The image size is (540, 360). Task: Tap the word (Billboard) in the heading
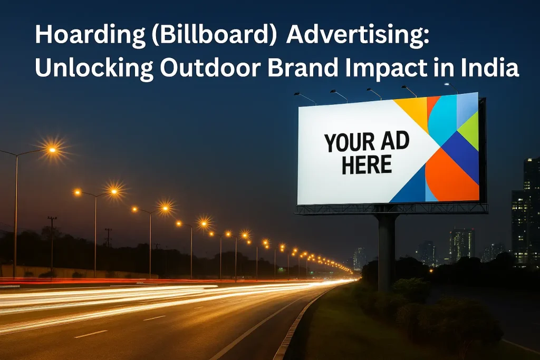coord(214,35)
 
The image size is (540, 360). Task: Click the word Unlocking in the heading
coord(94,68)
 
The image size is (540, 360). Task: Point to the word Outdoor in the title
coord(210,67)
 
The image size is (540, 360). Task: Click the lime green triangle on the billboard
coord(469,131)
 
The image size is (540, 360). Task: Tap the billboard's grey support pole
coord(386,253)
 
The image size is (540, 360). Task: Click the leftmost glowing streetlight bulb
coord(52,150)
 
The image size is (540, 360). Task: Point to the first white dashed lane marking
coord(91,334)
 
